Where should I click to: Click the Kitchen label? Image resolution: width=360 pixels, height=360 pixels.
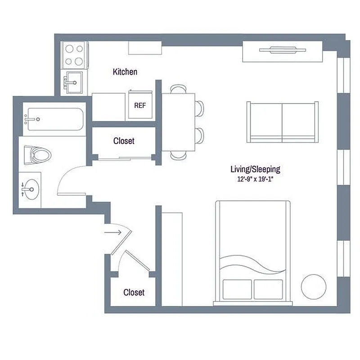point(125,72)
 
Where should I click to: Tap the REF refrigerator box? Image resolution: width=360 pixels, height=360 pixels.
point(139,105)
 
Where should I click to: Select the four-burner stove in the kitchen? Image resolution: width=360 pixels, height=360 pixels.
point(74,54)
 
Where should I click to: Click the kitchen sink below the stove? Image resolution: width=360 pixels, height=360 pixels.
point(73,82)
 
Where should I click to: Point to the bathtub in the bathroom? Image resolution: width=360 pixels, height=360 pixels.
point(54,119)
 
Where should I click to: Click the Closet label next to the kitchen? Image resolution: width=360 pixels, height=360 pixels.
point(124,141)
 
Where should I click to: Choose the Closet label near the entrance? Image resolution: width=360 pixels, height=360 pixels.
point(134,292)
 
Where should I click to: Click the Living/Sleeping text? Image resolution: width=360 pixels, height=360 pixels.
point(255,169)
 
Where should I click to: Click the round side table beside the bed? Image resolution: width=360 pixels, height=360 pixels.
point(313,286)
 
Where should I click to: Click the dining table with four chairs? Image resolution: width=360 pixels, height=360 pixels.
point(178,121)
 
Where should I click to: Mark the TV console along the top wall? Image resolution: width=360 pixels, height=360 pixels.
point(282,51)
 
